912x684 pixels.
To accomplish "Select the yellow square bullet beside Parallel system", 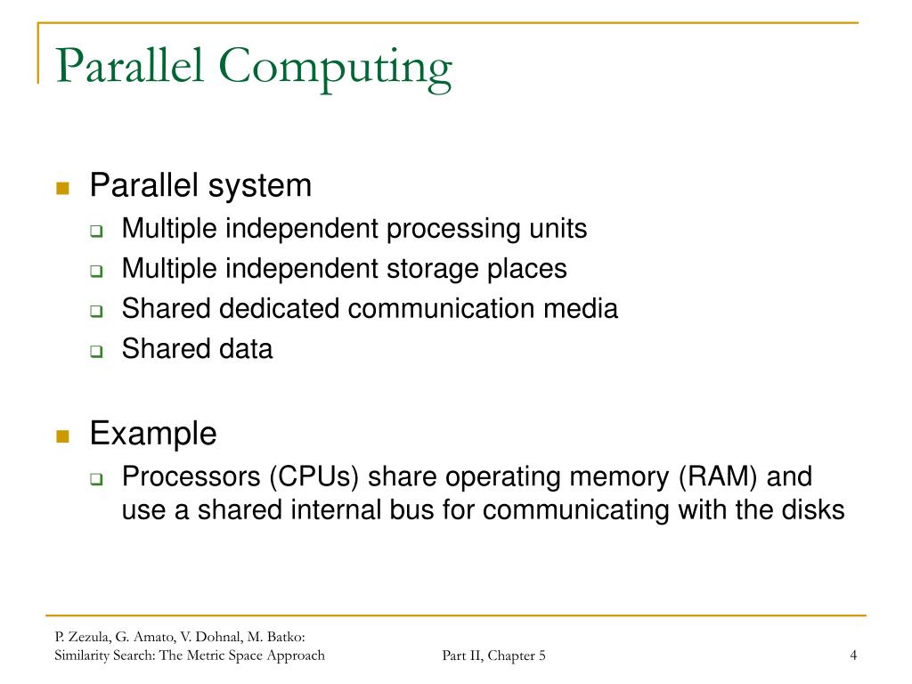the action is pyautogui.click(x=62, y=188).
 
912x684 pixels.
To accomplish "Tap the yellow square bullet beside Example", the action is pyautogui.click(x=62, y=436).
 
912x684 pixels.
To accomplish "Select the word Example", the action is pyautogui.click(x=153, y=435).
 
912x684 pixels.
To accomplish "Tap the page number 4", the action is pyautogui.click(x=853, y=656).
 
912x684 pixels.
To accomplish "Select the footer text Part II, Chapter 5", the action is pyautogui.click(x=493, y=656).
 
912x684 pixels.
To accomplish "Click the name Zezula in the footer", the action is pyautogui.click(x=82, y=637).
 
